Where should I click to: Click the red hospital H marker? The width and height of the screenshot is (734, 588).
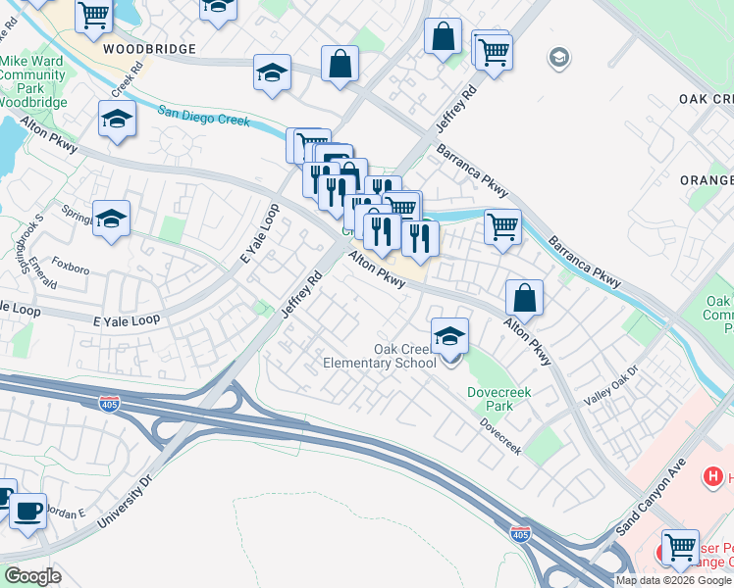click(x=713, y=476)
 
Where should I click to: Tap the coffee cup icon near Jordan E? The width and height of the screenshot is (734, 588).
click(x=27, y=510)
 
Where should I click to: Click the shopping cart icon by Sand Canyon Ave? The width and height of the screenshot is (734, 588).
click(x=679, y=547)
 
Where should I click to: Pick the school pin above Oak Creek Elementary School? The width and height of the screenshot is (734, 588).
click(x=449, y=337)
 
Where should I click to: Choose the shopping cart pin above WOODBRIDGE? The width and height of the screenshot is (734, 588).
click(x=93, y=15)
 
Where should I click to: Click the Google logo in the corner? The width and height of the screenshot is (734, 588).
click(x=33, y=576)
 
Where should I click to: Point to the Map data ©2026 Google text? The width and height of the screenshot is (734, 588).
click(x=673, y=580)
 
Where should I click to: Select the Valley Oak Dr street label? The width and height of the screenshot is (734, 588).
click(x=610, y=386)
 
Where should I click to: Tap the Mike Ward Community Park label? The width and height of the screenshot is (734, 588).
click(x=32, y=80)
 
